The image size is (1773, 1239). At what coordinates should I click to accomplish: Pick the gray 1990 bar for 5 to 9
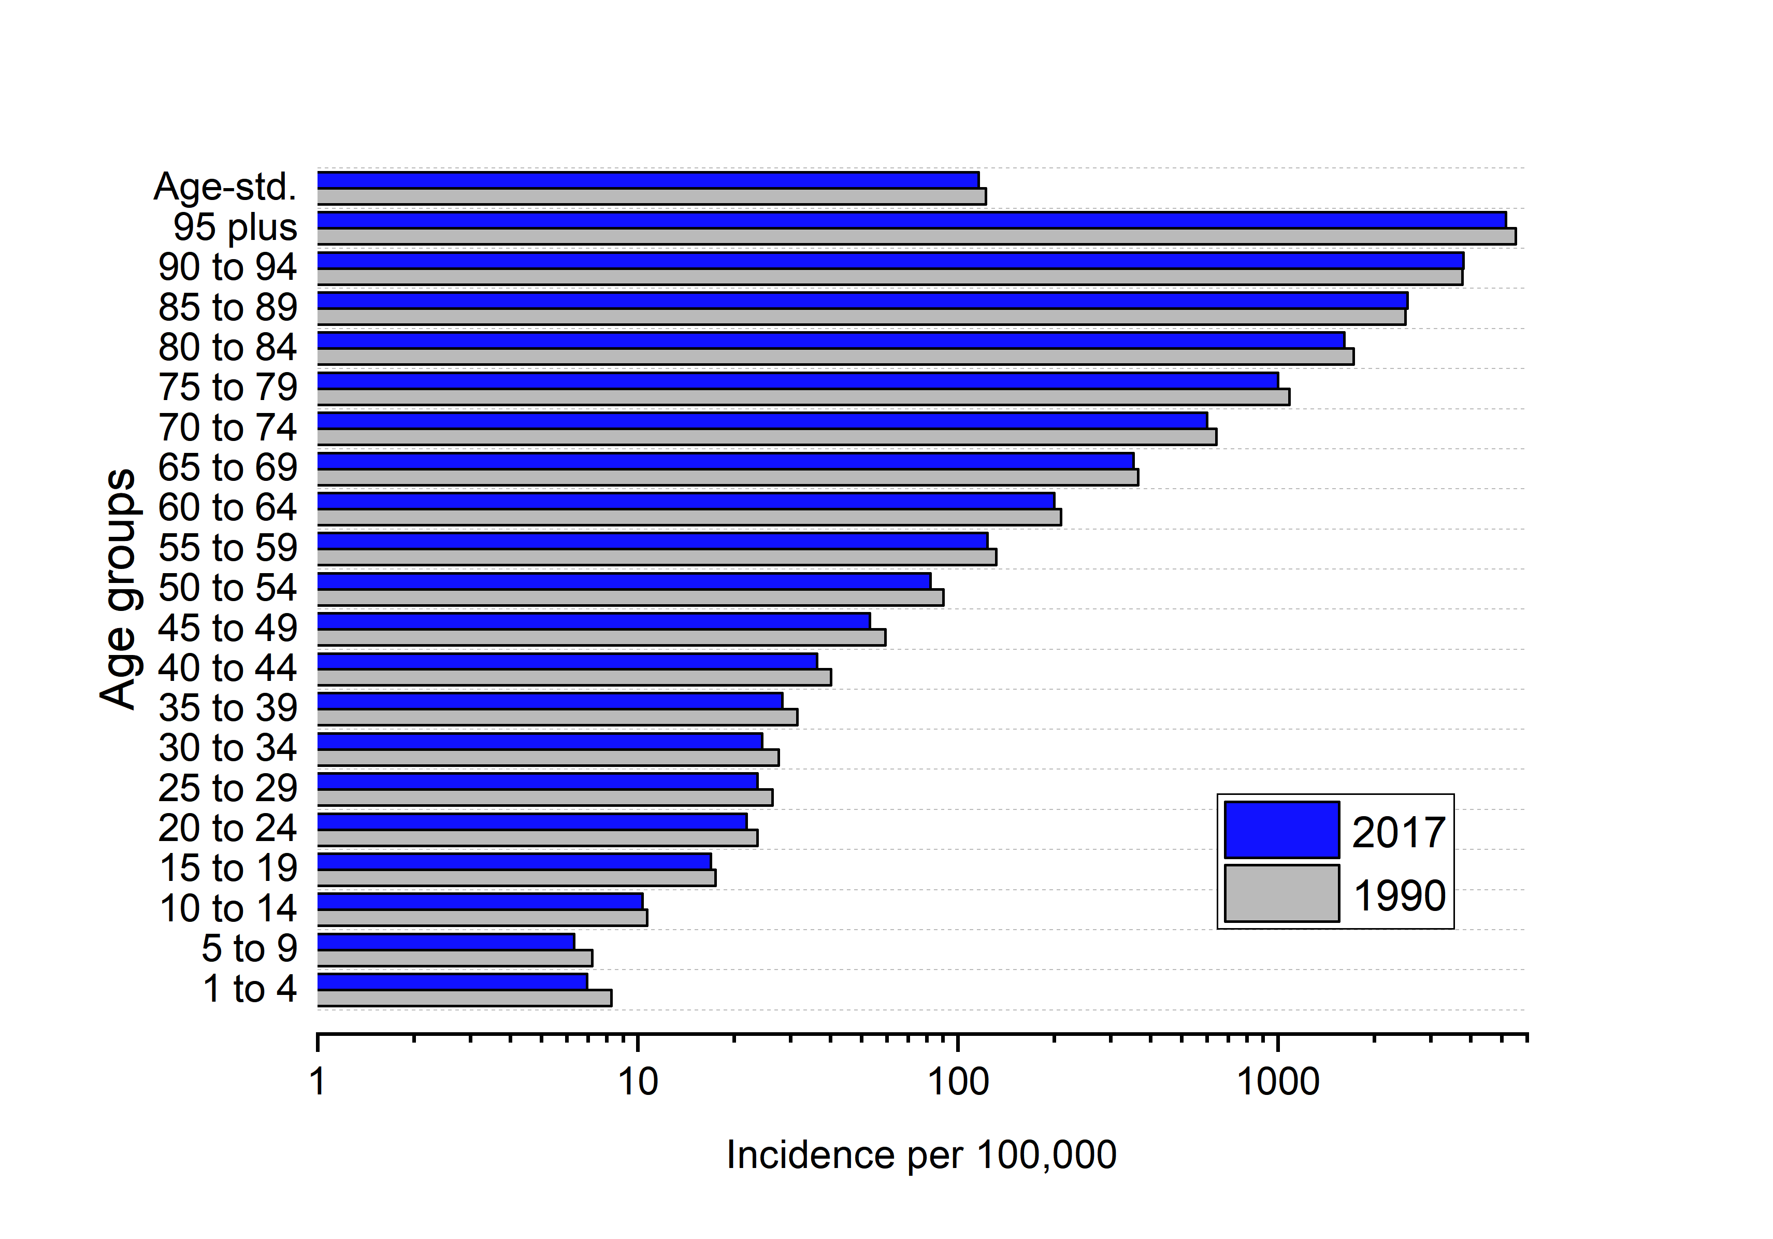pos(454,958)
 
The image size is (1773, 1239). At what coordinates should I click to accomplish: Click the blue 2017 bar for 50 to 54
pos(624,581)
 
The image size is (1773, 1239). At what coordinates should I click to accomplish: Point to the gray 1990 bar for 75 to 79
pos(803,397)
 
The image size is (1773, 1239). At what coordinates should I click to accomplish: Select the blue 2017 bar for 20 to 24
pos(531,821)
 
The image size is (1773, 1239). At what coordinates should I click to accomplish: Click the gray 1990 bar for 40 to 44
pos(574,677)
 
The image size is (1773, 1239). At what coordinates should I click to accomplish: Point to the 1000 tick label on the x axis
pos(1277,1082)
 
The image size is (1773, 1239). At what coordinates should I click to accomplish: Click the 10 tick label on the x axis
pos(637,1082)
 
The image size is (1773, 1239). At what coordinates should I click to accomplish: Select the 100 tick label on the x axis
pos(958,1082)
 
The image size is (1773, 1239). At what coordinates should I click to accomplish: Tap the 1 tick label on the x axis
pos(318,1082)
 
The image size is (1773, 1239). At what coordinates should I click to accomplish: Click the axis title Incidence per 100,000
pos(921,1156)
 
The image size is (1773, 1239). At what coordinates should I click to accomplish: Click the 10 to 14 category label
pos(228,908)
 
